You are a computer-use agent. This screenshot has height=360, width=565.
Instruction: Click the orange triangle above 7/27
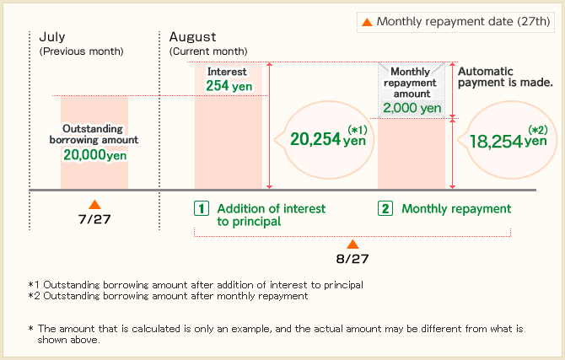[x=94, y=205]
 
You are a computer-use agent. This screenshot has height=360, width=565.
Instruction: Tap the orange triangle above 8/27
[x=352, y=244]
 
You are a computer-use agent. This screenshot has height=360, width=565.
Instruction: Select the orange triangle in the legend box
[x=367, y=22]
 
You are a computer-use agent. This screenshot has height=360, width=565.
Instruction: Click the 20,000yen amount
[x=95, y=155]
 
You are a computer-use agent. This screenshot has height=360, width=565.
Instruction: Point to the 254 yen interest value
[x=229, y=86]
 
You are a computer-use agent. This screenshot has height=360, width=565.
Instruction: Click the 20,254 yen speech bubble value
[x=328, y=139]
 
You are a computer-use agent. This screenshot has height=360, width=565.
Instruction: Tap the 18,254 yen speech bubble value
[x=508, y=141]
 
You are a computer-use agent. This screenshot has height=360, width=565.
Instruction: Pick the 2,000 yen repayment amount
[x=412, y=108]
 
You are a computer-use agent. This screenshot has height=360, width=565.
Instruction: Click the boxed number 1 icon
[x=202, y=208]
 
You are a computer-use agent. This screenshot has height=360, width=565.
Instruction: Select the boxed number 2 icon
[x=385, y=208]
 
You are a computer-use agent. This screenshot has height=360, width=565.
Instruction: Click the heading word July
[x=52, y=37]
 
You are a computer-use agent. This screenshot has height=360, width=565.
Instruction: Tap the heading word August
[x=193, y=37]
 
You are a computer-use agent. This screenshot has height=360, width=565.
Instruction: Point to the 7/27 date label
[x=94, y=219]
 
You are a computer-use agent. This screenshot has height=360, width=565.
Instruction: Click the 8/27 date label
[x=352, y=259]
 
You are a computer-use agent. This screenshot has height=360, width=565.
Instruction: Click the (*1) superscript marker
[x=357, y=129]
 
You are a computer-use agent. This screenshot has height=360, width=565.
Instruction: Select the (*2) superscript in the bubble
[x=538, y=130]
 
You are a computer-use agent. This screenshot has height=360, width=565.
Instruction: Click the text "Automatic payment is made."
[x=505, y=77]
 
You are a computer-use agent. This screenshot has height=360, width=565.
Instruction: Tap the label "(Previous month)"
[x=82, y=51]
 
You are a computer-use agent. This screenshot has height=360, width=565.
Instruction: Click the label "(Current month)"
[x=208, y=51]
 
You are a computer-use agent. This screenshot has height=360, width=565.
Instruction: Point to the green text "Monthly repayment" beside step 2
[x=456, y=209]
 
